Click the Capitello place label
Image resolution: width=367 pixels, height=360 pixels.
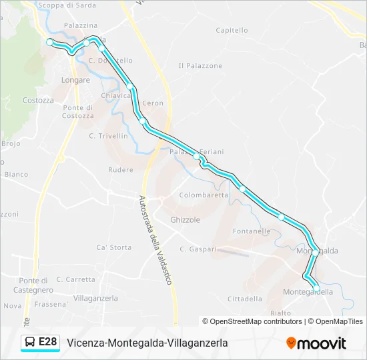232,30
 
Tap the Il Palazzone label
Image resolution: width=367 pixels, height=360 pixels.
200,65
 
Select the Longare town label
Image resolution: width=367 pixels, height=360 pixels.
75,80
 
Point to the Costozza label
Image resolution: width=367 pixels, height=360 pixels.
38,100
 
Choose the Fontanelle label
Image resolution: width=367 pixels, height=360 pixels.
252,231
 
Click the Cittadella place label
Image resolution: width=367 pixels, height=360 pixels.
245,299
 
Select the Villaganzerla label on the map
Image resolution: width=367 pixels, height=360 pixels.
95,298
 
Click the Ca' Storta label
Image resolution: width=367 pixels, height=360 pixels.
114,247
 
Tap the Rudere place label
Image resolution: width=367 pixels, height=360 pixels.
121,170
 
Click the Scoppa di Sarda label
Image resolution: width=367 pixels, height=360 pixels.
67,5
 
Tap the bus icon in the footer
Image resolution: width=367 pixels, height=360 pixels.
30,343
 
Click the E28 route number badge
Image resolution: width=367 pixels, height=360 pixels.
47,343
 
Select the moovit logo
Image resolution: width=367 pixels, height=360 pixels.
316,343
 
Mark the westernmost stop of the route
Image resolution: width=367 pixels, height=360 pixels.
49,42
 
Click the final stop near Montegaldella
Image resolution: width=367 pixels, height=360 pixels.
316,287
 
